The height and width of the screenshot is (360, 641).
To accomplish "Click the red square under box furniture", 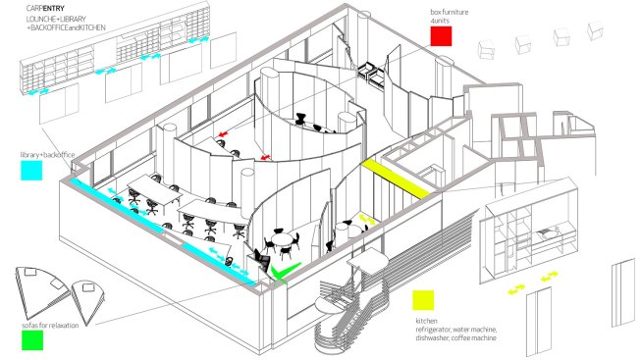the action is (x=441, y=36).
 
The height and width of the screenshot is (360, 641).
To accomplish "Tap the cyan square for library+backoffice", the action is (x=31, y=170).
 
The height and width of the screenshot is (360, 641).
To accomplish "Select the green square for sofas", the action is (x=32, y=340).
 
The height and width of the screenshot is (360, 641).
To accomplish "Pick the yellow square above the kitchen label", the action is (x=423, y=300).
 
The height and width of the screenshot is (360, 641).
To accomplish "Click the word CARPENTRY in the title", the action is (x=45, y=8).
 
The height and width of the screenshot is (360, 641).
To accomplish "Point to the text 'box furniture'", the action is (x=450, y=12).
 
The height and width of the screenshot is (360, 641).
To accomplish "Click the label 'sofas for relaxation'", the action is (x=50, y=326).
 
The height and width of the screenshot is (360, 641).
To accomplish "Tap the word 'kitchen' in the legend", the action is (x=426, y=321).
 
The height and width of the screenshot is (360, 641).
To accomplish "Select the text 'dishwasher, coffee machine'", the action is (x=455, y=338).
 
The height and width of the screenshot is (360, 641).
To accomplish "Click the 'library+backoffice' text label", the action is (x=47, y=155).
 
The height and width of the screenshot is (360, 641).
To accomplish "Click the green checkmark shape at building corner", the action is (x=284, y=272).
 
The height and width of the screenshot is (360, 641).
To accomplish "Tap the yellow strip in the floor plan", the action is (x=395, y=179).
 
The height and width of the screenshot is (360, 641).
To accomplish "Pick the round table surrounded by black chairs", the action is (x=282, y=239).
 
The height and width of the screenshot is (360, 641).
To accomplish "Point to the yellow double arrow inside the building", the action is (x=367, y=219).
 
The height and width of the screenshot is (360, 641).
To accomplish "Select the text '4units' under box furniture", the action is (x=440, y=21).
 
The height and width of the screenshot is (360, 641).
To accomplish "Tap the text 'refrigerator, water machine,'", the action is (x=456, y=330).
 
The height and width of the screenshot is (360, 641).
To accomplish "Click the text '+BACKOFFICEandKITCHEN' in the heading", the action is (x=66, y=27).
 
